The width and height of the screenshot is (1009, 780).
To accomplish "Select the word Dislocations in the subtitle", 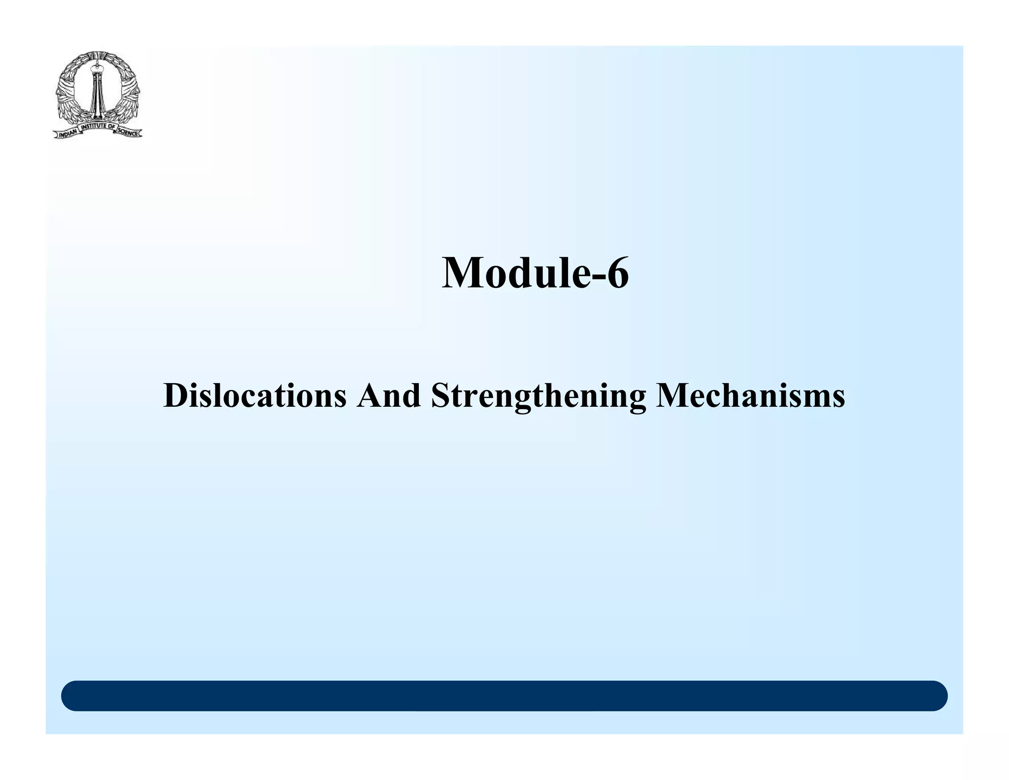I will pos(255,396).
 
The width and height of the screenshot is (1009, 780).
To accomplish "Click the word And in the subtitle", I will pos(389,396).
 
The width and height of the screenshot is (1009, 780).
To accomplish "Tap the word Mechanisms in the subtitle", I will pos(750,396).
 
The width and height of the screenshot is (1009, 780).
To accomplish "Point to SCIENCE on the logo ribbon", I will pos(129,133).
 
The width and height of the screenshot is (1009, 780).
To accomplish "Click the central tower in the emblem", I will pos(97,94).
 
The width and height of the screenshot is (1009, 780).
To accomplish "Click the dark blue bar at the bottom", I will pos(504,696).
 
